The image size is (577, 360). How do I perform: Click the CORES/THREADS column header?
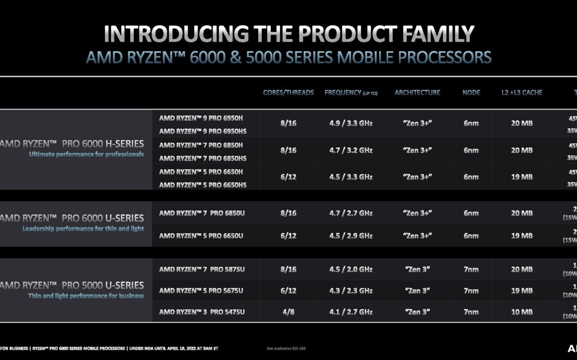point(288,93)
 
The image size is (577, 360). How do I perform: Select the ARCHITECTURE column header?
point(417,93)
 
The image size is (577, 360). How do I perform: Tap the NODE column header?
point(471,93)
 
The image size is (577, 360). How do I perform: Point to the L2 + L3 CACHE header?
point(521,93)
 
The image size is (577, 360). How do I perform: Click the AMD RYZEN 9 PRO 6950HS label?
point(203,132)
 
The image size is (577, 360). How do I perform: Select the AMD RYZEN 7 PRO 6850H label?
point(201,145)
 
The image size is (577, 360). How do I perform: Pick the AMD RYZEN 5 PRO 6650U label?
point(201,236)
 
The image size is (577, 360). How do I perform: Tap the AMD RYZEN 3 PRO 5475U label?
point(202,312)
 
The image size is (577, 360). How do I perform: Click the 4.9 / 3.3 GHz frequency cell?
point(351,123)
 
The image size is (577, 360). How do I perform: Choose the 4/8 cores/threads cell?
point(288,312)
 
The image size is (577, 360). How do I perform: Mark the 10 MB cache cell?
point(521,312)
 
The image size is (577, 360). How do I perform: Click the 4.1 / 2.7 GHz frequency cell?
point(351,312)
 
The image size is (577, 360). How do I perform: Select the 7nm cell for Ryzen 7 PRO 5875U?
point(471,269)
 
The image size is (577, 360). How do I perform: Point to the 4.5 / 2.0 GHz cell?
point(351,269)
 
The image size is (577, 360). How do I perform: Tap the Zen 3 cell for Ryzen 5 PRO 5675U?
point(417,291)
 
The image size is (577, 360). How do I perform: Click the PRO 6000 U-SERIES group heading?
point(72,218)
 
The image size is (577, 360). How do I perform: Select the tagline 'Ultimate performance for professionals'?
point(86,154)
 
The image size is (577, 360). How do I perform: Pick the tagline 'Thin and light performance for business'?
point(86,296)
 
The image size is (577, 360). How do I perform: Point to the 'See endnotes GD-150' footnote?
point(286,349)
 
